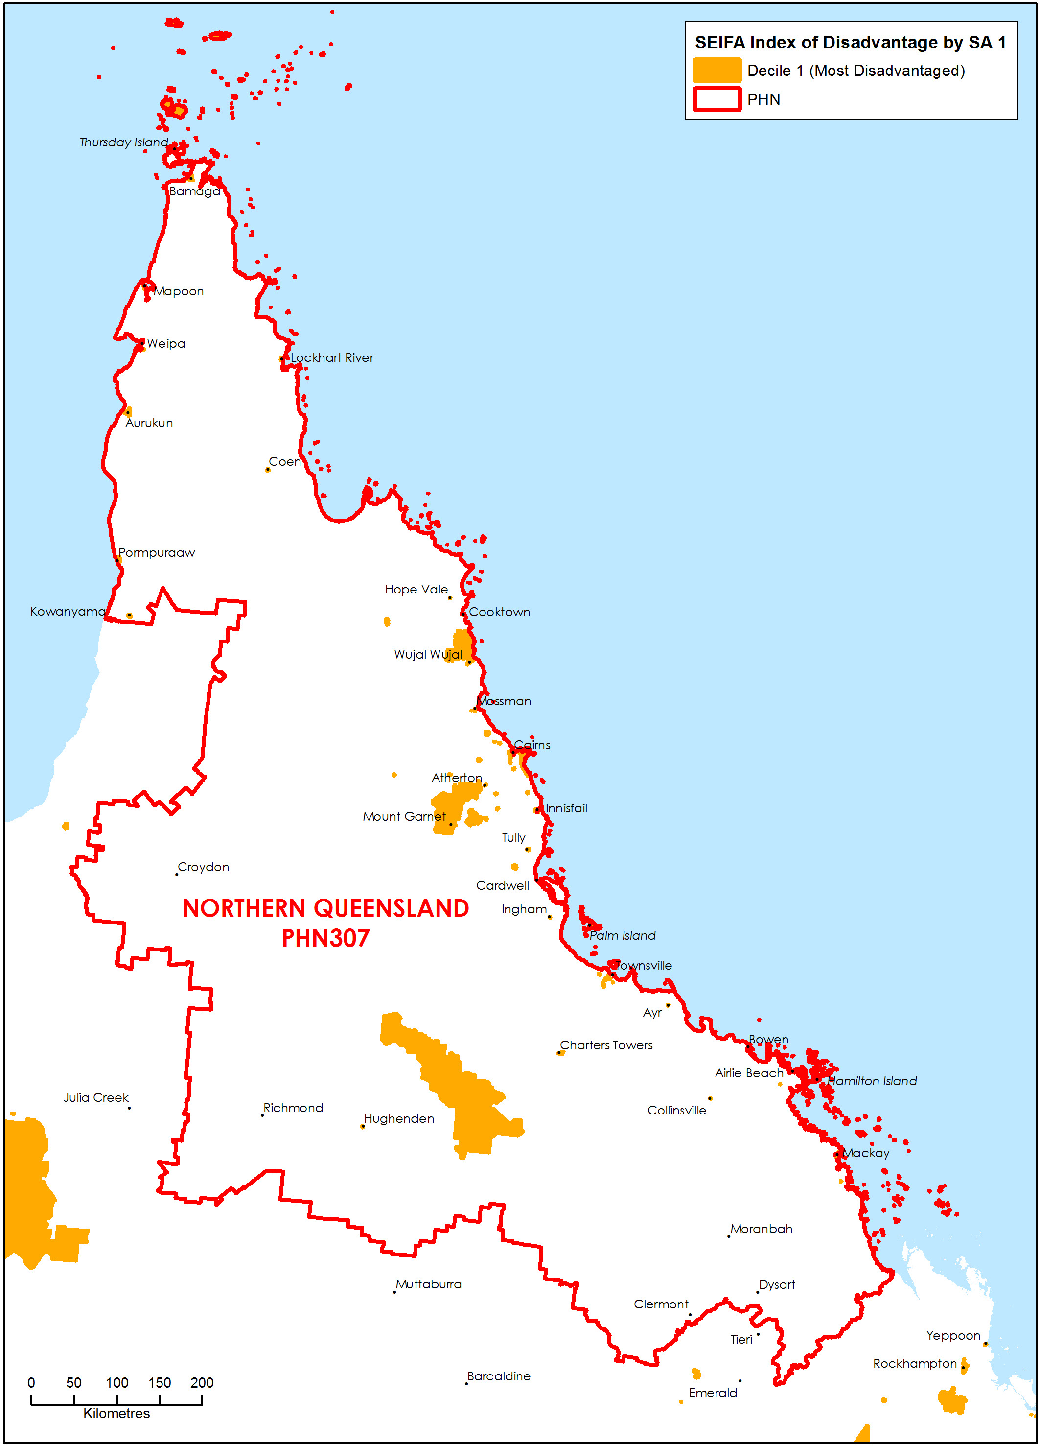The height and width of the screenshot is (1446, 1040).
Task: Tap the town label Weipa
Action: coord(166,344)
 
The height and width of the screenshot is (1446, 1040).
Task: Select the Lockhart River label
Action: coord(332,357)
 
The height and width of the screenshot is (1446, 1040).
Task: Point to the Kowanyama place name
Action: coord(68,612)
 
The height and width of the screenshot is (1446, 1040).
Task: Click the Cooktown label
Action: coord(499,612)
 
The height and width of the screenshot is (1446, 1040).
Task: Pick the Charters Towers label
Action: coord(606,1045)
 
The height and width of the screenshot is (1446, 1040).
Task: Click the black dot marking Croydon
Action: coord(177,874)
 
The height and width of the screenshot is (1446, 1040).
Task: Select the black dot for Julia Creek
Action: coord(129,1108)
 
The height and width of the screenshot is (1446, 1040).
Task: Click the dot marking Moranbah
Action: coord(728,1236)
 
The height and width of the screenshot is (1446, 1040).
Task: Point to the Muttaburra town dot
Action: coord(394,1292)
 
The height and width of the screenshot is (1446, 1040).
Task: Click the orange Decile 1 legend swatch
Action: coord(717,70)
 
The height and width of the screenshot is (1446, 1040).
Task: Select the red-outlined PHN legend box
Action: coord(717,99)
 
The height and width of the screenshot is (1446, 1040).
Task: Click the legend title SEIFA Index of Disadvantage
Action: coord(850,43)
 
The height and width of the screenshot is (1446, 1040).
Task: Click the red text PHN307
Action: coord(325,939)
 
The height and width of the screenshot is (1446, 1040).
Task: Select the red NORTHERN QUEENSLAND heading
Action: coord(325,908)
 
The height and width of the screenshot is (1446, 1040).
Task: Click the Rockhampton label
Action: coord(914,1363)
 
